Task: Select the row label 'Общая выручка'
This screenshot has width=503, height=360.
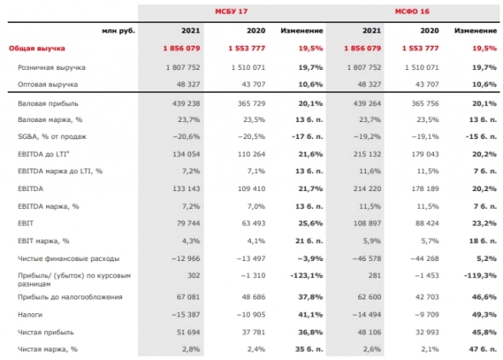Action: pos(38,49)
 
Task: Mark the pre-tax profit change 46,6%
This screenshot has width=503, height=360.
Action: pos(483,298)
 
